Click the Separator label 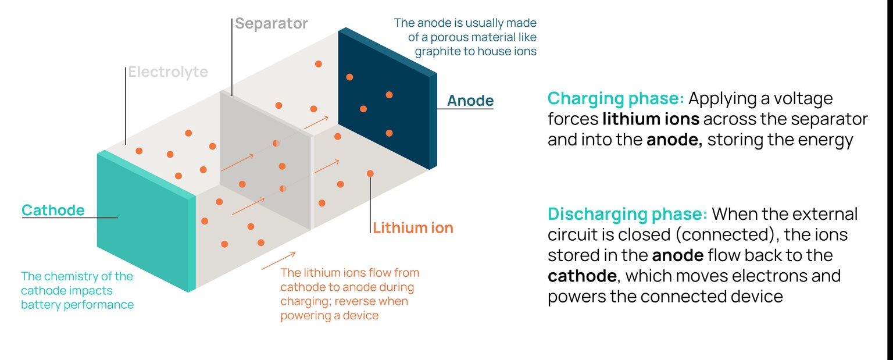coord(271,24)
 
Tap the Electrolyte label coord(167,72)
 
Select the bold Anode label coord(470,101)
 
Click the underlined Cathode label coord(53,210)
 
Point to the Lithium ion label coord(413,227)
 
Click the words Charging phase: coord(615,98)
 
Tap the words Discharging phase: coord(627,214)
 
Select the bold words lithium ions coord(651,119)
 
